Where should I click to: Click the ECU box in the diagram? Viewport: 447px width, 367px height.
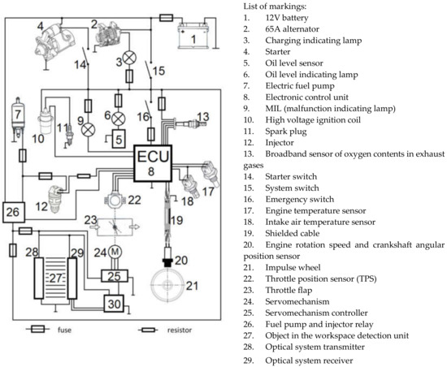click(153, 163)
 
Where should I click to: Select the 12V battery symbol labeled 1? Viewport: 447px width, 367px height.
click(193, 37)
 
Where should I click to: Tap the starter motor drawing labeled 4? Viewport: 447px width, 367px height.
click(54, 41)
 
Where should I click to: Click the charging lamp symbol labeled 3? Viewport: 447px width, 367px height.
click(129, 58)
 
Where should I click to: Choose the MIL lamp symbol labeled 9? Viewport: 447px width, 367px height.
click(88, 130)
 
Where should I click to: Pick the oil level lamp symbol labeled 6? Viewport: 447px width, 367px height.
click(118, 119)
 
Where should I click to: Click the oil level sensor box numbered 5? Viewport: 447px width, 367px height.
click(119, 139)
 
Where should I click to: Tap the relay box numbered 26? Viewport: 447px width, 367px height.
click(14, 212)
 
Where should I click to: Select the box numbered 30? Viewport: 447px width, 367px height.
click(114, 304)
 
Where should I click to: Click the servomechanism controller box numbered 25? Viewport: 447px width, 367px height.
click(115, 276)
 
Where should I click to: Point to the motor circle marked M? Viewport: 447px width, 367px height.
click(115, 252)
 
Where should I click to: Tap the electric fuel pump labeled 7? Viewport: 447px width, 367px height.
click(18, 117)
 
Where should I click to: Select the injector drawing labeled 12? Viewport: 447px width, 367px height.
click(56, 199)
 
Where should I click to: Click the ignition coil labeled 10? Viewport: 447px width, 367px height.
click(45, 121)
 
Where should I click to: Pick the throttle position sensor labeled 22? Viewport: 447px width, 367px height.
click(115, 200)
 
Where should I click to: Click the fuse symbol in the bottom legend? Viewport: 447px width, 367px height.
click(38, 330)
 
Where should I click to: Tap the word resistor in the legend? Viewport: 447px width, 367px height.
click(180, 330)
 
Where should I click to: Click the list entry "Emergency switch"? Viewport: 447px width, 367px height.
click(300, 199)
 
